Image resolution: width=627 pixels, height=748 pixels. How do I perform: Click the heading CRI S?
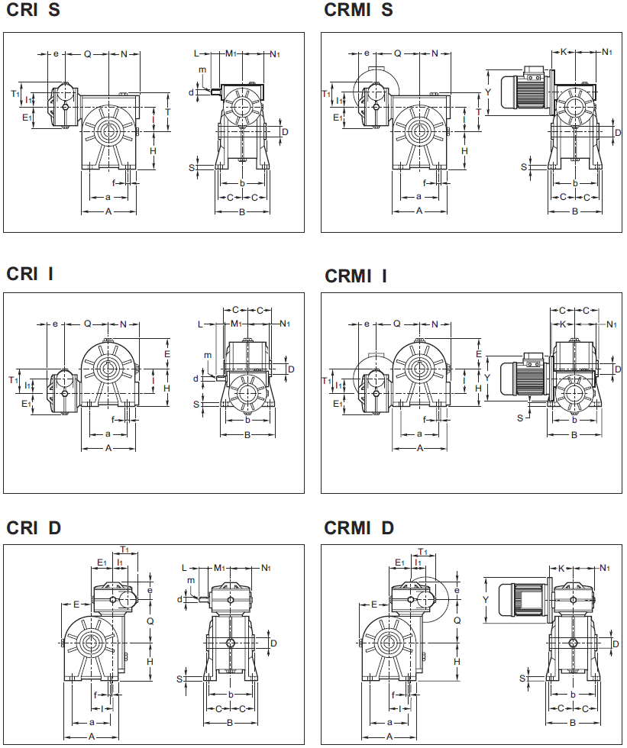click(34, 11)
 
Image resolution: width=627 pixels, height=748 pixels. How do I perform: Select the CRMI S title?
click(359, 11)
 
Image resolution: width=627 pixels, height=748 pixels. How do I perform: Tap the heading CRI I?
click(31, 274)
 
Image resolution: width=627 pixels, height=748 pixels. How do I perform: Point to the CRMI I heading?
click(356, 276)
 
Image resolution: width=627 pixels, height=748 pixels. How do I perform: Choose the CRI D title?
click(34, 528)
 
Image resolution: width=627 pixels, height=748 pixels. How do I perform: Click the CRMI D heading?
click(359, 528)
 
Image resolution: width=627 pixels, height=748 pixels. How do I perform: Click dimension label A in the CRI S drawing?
click(108, 211)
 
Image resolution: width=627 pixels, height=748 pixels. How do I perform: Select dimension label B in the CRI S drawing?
click(243, 211)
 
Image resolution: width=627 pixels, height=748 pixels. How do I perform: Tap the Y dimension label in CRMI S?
click(487, 92)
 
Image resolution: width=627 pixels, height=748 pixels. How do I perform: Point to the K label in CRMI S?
click(564, 52)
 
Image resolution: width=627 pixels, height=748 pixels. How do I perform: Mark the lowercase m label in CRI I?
click(207, 355)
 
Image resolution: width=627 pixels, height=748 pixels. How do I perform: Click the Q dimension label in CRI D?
click(150, 621)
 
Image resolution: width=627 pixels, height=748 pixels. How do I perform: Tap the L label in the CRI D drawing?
click(185, 568)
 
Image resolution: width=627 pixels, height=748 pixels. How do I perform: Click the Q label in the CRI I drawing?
click(87, 324)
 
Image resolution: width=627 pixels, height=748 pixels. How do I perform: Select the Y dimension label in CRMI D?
click(486, 600)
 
